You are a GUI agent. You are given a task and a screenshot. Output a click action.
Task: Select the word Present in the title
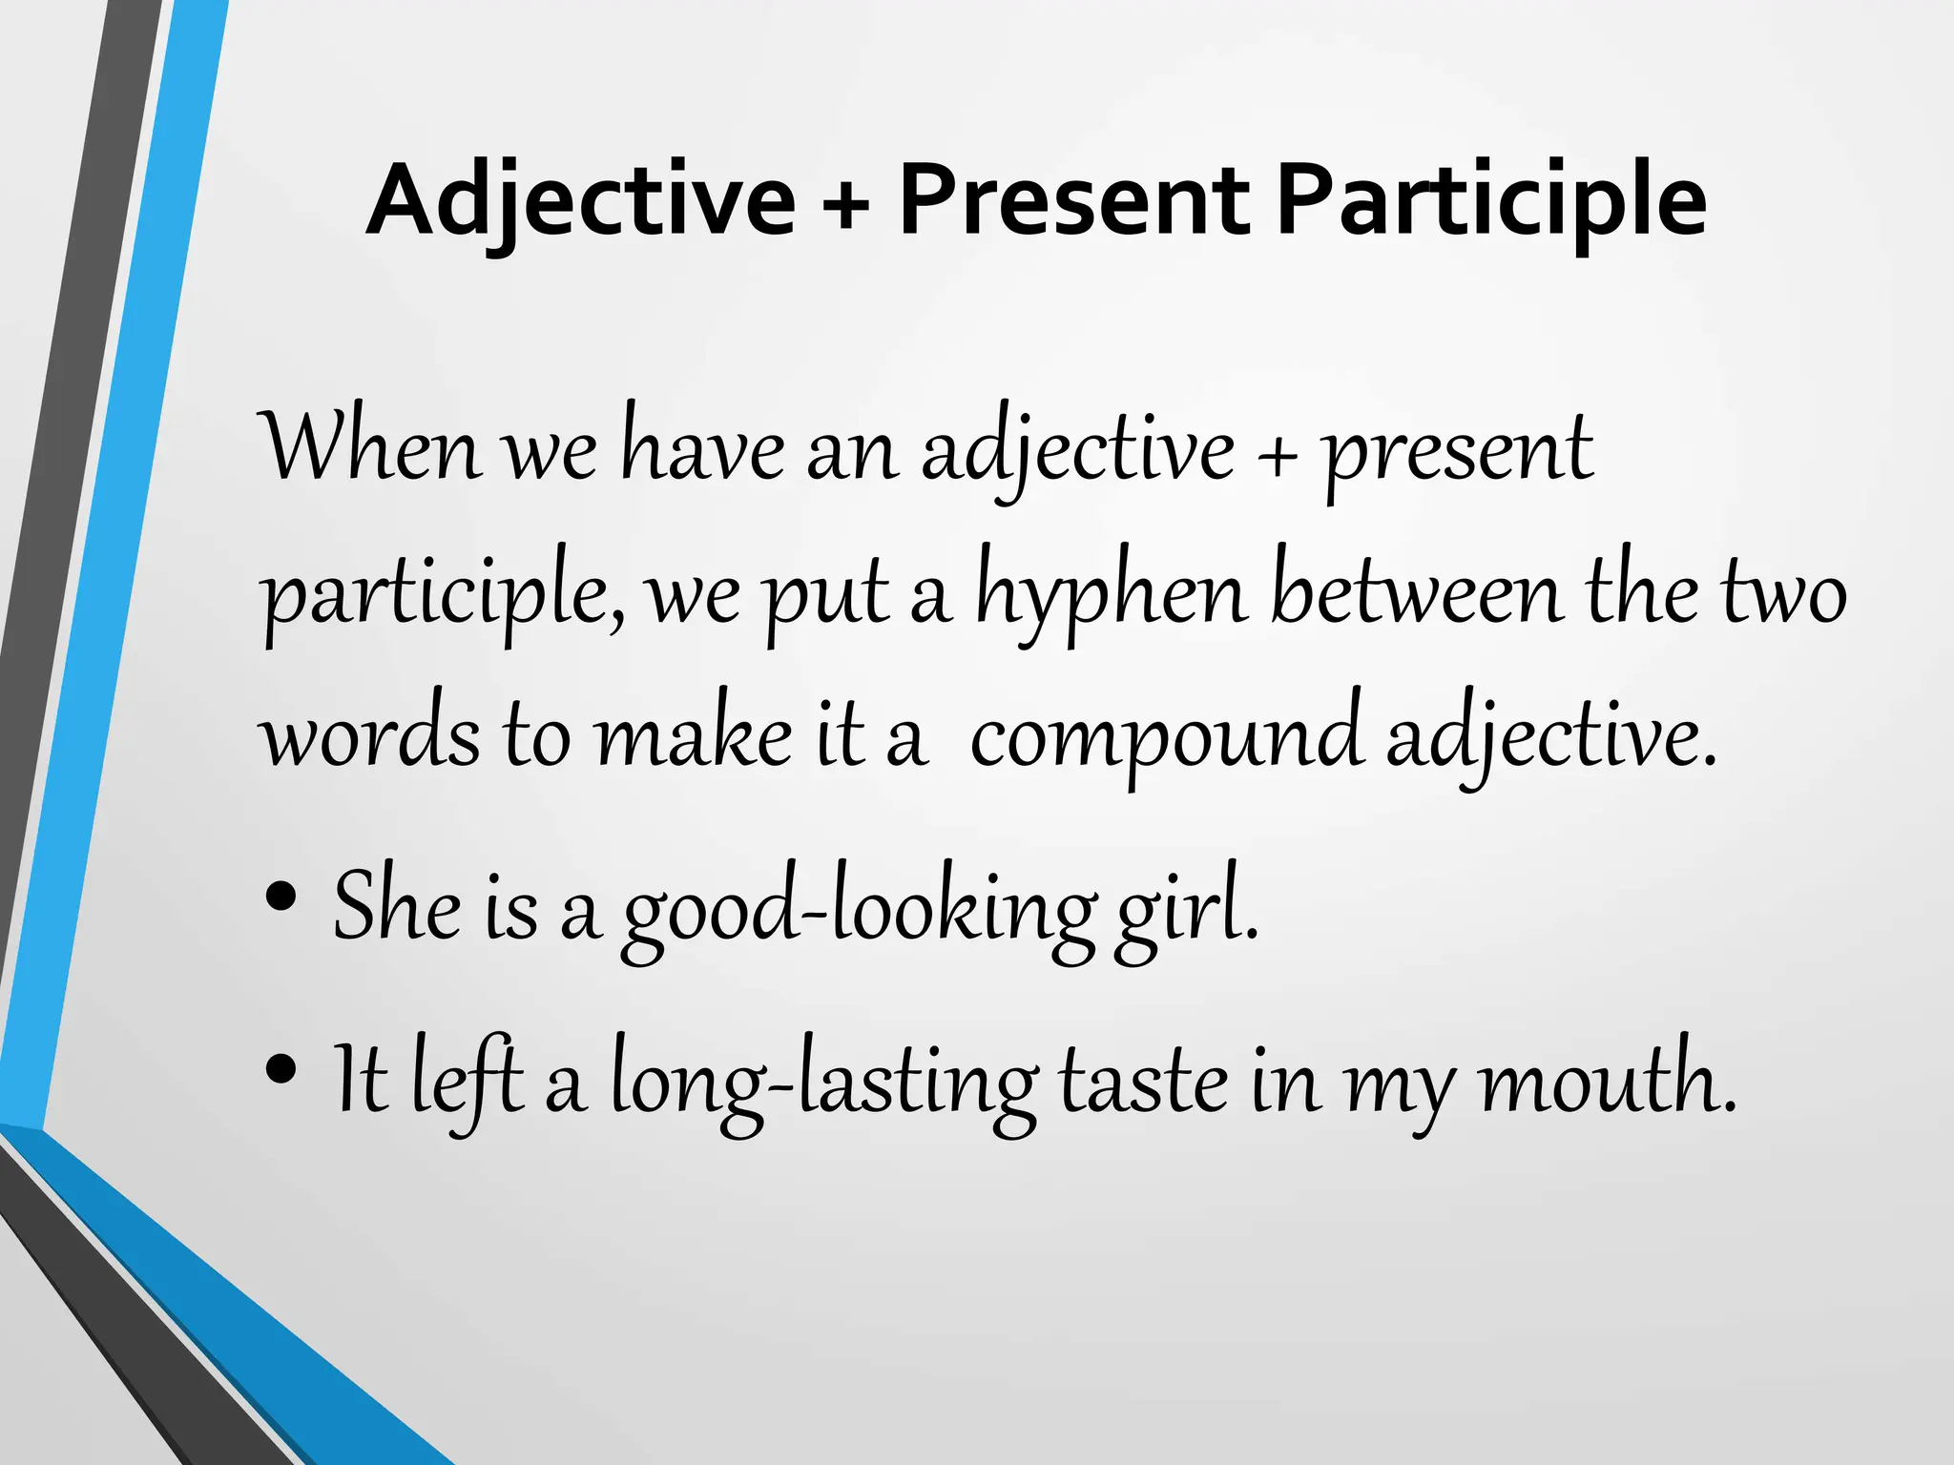click(x=1073, y=200)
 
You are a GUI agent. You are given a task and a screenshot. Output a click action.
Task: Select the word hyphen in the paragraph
click(x=1112, y=596)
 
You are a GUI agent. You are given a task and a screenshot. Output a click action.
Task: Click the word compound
click(x=1165, y=739)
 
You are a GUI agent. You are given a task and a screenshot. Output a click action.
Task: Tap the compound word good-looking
click(x=859, y=911)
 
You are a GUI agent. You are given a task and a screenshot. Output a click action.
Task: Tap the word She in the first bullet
click(x=396, y=906)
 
